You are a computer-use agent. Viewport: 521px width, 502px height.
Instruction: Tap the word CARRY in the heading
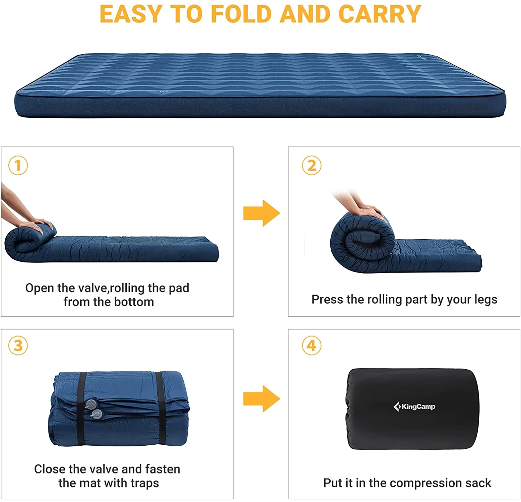tap(380, 15)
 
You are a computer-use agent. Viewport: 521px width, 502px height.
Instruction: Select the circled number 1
tap(18, 165)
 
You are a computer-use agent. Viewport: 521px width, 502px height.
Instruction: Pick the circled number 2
tap(312, 165)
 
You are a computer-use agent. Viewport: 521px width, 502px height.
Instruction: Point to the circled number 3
tap(18, 346)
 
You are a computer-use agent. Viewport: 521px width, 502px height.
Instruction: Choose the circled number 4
tap(312, 346)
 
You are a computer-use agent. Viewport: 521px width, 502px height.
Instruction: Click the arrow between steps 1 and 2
tap(261, 213)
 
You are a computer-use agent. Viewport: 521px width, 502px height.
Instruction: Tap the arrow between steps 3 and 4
tap(261, 398)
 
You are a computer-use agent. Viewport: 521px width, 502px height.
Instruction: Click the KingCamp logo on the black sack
tap(414, 406)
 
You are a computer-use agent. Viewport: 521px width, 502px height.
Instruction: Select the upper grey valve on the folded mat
tap(91, 404)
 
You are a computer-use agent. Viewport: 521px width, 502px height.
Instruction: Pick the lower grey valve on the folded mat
tap(97, 414)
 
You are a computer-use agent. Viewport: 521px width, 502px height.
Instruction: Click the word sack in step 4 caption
tap(478, 483)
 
